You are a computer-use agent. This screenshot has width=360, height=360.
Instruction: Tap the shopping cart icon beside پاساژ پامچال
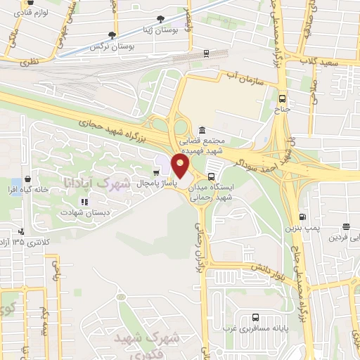tap(156, 172)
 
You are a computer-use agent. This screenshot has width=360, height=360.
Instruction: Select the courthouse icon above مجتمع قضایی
tap(202, 131)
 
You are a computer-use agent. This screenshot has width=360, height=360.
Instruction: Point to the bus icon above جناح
tap(282, 99)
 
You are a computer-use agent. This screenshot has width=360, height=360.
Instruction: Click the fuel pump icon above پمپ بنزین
tap(302, 217)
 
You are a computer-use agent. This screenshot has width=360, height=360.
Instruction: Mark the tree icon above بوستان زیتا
tap(162, 19)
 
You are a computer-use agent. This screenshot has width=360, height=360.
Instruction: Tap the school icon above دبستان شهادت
tap(83, 202)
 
